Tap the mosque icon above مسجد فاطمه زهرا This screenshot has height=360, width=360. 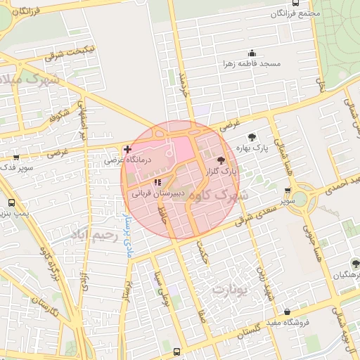252,53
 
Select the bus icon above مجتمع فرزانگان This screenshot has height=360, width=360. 294,3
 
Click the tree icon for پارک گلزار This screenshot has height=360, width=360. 222,160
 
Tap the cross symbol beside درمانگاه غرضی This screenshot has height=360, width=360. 127,149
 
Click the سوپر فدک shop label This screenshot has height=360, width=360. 15,168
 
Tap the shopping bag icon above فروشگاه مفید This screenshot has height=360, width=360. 287,311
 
